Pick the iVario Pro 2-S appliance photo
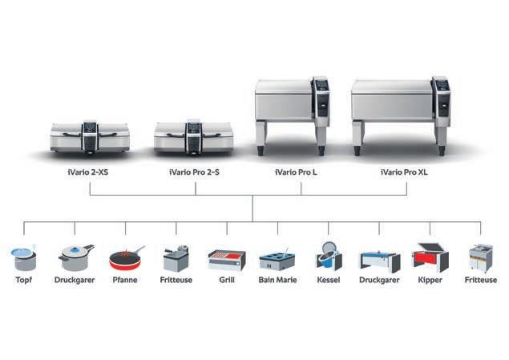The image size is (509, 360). coord(193,138)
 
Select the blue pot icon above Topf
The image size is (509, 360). coord(24,258)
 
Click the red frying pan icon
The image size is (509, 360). coord(125,259)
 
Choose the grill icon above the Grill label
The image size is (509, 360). coord(226,260)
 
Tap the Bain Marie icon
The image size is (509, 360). coord(277,261)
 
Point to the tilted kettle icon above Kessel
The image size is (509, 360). coord(329,257)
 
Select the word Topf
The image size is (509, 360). coord(24,281)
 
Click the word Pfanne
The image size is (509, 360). coord(125,281)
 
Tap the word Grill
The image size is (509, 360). coord(227,281)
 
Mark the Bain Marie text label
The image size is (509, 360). coord(277,281)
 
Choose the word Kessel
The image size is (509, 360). coord(329,281)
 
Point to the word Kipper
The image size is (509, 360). coord(430,281)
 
